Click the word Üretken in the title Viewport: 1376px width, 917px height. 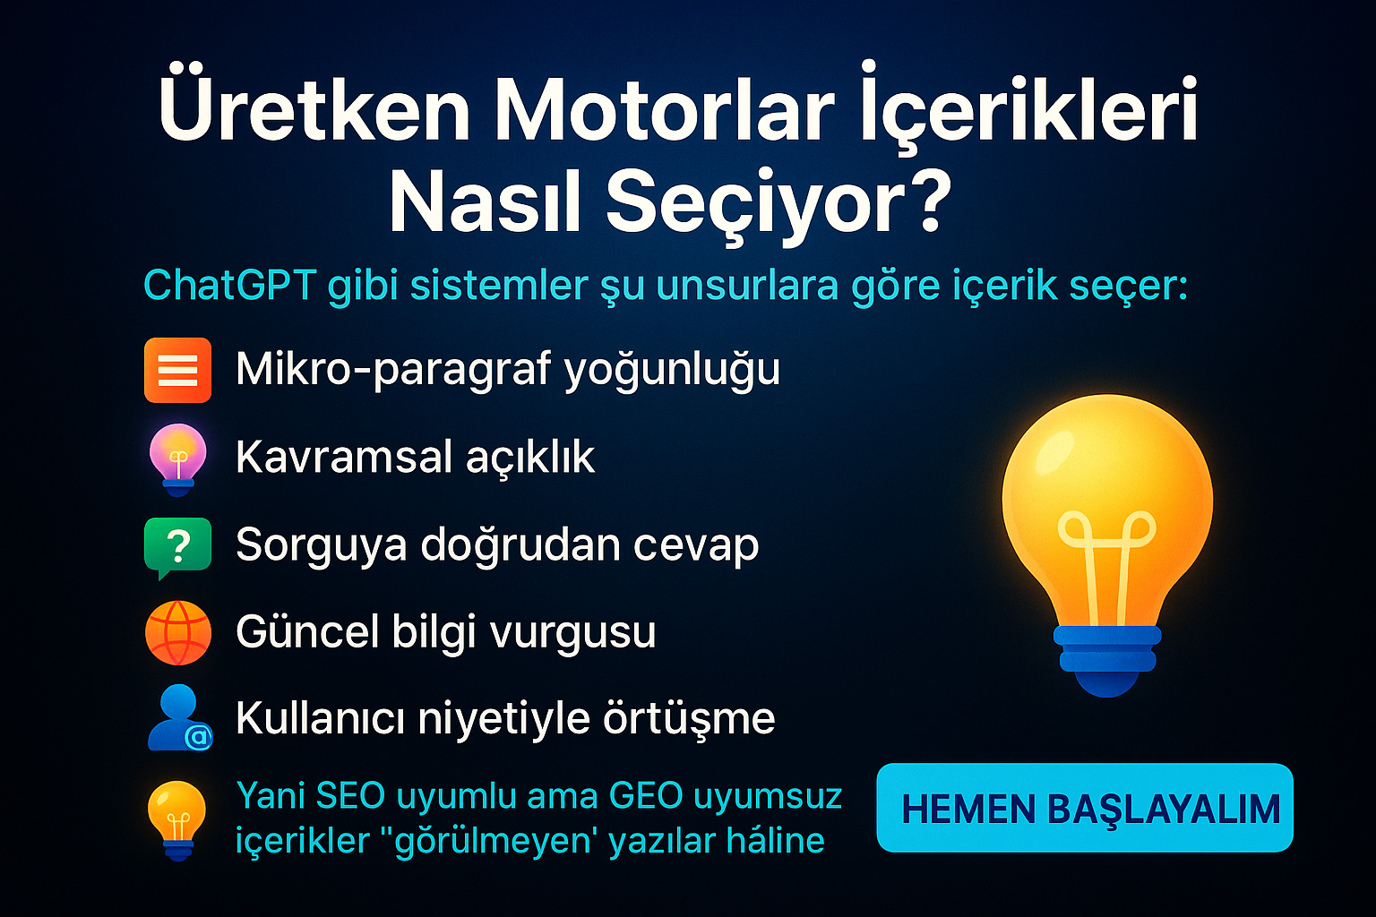(x=314, y=105)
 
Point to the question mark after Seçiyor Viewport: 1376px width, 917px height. (x=922, y=199)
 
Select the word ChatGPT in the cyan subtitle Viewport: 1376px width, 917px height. (x=229, y=286)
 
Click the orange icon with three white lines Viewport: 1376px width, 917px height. (x=177, y=370)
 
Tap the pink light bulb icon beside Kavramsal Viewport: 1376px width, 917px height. (x=178, y=458)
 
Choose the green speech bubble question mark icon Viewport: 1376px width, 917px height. (x=177, y=547)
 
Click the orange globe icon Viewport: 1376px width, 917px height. (x=178, y=632)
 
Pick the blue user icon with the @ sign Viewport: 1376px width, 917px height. (x=179, y=717)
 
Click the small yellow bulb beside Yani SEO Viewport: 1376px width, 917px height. (x=177, y=820)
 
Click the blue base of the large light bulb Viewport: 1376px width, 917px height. (x=1107, y=660)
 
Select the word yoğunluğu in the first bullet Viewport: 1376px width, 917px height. (x=672, y=371)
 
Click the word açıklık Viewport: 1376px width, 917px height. (x=530, y=458)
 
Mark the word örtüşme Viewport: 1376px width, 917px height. (x=689, y=718)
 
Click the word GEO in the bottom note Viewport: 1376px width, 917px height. (x=646, y=796)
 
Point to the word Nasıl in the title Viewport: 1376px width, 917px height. (x=485, y=200)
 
